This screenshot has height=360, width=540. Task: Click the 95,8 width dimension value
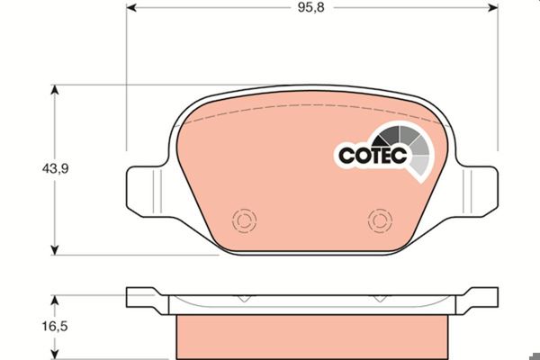point(311,7)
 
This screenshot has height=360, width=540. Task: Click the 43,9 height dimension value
point(55,169)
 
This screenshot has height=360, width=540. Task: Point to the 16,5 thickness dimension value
point(55,326)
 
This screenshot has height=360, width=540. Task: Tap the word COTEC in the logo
point(373,155)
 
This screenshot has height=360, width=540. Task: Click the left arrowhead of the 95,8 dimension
point(131,7)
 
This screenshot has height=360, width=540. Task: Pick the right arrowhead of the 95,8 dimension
point(493,7)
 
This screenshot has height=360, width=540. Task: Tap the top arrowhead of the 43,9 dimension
point(54,90)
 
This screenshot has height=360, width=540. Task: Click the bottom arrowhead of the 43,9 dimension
point(54,250)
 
